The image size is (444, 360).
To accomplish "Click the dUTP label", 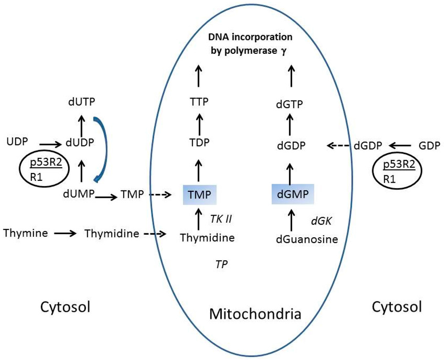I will [82, 101].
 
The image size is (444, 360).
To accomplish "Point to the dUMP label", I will [81, 194].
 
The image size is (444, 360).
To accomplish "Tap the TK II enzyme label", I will [221, 219].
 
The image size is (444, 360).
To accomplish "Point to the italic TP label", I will [222, 264].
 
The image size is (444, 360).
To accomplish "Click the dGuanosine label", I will [307, 239].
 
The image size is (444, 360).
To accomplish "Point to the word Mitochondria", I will [255, 314].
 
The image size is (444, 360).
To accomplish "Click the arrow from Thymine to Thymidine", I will [65, 233].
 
